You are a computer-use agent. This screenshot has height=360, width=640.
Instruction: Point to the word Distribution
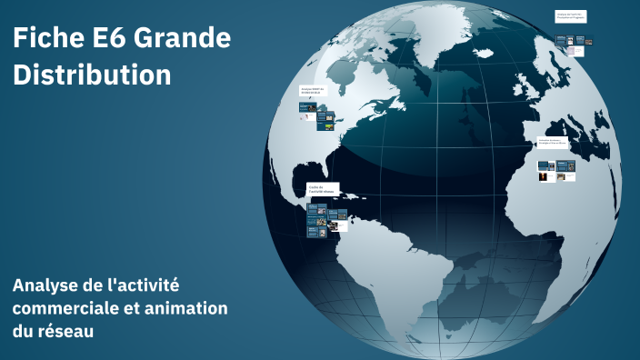tap(92, 75)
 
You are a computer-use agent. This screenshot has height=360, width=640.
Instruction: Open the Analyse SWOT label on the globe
tap(312, 91)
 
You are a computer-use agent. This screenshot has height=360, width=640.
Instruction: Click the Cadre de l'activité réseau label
tap(323, 189)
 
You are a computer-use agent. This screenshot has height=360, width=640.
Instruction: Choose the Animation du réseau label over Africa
tap(553, 143)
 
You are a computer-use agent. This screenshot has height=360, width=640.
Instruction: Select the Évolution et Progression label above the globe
tap(570, 16)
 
